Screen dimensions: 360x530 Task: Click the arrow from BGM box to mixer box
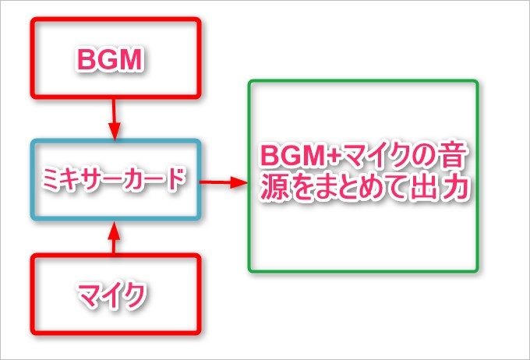click(114, 117)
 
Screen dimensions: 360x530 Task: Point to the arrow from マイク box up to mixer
click(114, 237)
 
